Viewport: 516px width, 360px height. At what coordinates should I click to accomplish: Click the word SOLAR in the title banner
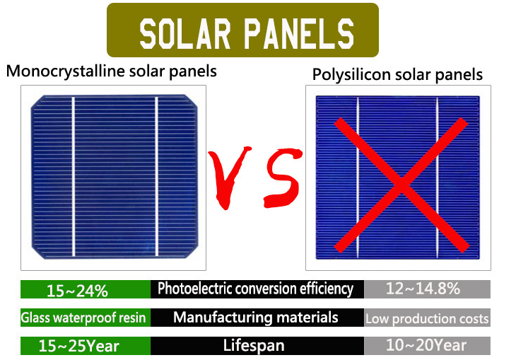pos(184,34)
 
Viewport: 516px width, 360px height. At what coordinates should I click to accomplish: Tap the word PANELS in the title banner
pos(299,34)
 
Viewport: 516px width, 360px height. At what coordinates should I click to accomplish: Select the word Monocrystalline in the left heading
pos(66,71)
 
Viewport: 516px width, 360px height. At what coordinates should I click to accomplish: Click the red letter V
pos(229,176)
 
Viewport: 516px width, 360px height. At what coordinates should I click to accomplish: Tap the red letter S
pos(283,178)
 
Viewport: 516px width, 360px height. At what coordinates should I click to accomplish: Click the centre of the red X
pos(401,185)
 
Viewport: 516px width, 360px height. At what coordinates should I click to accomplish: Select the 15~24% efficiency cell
pos(86,289)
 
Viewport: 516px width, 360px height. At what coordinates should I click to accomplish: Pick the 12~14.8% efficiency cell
pos(427,289)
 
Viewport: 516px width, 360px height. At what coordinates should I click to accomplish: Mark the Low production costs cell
pos(427,318)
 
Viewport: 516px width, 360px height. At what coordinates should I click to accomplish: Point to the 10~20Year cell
pos(427,346)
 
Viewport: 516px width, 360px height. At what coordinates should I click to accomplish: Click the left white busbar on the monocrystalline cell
pos(74,177)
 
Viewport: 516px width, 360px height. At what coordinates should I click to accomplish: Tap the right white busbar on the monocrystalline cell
pos(156,177)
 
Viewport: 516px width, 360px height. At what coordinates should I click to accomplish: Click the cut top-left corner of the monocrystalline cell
pos(37,102)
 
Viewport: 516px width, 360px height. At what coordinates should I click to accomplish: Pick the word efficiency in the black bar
pos(326,289)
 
